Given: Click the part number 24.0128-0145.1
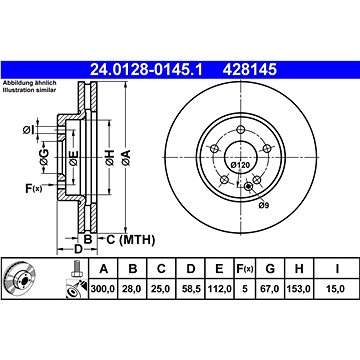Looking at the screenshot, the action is [x=146, y=70].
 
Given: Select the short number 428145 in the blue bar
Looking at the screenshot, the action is [x=250, y=70].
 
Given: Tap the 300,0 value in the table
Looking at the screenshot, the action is [x=103, y=289].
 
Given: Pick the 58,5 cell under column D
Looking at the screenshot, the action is [x=191, y=289].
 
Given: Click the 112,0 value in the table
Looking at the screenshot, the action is [x=219, y=289].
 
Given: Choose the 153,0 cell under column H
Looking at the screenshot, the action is [x=298, y=289].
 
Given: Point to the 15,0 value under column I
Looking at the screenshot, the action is [x=336, y=289].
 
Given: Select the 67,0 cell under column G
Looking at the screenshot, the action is [x=270, y=289].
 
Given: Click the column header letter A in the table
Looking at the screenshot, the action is [x=104, y=269].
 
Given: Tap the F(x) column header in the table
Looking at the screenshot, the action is [x=245, y=269].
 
